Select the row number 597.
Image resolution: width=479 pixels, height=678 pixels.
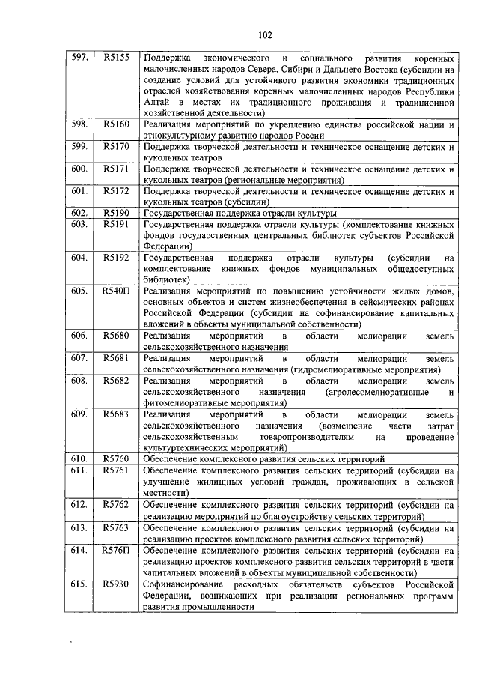(79, 57)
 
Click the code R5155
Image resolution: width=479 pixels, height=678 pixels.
(117, 57)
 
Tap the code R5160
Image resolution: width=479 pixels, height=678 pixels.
(117, 124)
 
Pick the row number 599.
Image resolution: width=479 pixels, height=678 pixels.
(79, 147)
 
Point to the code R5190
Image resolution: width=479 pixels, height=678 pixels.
(117, 213)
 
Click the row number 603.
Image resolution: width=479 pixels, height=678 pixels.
(79, 224)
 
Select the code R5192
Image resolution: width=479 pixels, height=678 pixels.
(117, 258)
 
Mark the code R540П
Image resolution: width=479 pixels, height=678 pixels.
(117, 291)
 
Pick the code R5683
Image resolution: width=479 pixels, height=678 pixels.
(117, 413)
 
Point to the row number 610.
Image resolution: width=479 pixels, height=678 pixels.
(79, 458)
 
